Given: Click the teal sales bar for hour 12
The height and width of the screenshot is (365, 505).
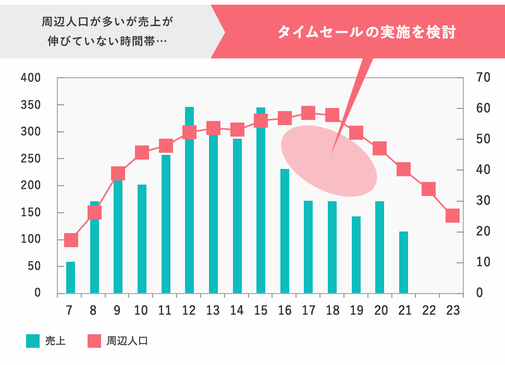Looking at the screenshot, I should pos(189,209).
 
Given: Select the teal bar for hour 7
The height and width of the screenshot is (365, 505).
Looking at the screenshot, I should pos(70,277).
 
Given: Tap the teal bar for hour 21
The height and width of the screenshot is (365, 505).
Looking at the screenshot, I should pos(403,262).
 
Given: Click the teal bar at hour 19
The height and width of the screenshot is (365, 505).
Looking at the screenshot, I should pos(356,254).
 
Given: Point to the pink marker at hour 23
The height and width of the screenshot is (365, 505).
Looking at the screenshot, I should pos(452,216).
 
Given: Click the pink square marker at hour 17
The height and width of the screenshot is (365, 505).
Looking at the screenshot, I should pos(309,113).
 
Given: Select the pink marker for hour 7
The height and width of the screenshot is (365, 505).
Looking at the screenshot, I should pos(71,240).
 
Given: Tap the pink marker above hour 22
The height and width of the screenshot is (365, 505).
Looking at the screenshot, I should pos(428,189).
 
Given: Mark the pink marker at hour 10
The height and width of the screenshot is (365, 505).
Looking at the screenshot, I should pos(142,153).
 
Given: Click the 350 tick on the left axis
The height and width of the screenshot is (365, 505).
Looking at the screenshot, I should pos(31,105).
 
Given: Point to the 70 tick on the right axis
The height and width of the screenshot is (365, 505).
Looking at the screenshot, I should pos(483,78).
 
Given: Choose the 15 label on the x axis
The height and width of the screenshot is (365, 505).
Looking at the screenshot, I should pos(261,311).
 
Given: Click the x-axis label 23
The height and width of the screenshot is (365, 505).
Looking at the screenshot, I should pos(452,311).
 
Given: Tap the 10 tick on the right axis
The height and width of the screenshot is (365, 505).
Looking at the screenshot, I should pos(483,262).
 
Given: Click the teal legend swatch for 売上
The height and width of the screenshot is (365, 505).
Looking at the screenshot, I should pos(33,342).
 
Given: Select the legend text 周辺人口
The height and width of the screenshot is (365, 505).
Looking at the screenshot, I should pos(128,342).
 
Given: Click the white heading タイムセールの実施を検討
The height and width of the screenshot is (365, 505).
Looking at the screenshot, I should pos(366,32).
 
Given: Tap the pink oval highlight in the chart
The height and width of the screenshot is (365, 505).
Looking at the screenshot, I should pos(329,161).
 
